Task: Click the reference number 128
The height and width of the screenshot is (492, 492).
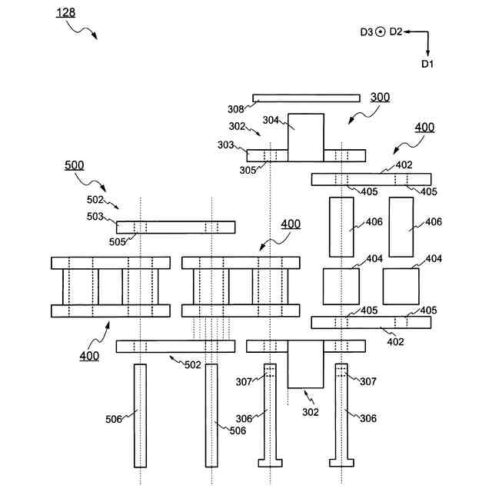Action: pyautogui.click(x=66, y=12)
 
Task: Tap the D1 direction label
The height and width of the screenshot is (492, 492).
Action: pyautogui.click(x=427, y=64)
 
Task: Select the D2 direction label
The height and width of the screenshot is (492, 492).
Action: pyautogui.click(x=396, y=32)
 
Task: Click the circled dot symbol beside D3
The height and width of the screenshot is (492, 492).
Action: pyautogui.click(x=380, y=32)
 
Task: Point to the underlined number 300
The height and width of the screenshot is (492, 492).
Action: pyautogui.click(x=380, y=98)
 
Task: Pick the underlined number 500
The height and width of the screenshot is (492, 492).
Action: pyautogui.click(x=75, y=165)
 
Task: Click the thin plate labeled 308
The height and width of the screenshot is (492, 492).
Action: pyautogui.click(x=306, y=98)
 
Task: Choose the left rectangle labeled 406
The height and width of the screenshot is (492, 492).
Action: pyautogui.click(x=341, y=227)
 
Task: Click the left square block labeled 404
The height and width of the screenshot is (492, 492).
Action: pyautogui.click(x=341, y=286)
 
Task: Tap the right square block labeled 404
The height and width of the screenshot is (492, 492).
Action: pyautogui.click(x=401, y=286)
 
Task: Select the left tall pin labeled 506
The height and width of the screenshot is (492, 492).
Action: pyautogui.click(x=140, y=415)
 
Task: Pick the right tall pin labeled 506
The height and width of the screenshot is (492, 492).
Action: pyautogui.click(x=211, y=415)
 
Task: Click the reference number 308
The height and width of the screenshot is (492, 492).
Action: pyautogui.click(x=235, y=110)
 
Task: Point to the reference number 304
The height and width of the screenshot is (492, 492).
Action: pyautogui.click(x=271, y=119)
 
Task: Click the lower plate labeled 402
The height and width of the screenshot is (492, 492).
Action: pyautogui.click(x=371, y=322)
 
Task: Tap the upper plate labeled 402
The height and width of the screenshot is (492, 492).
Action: pyautogui.click(x=371, y=179)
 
